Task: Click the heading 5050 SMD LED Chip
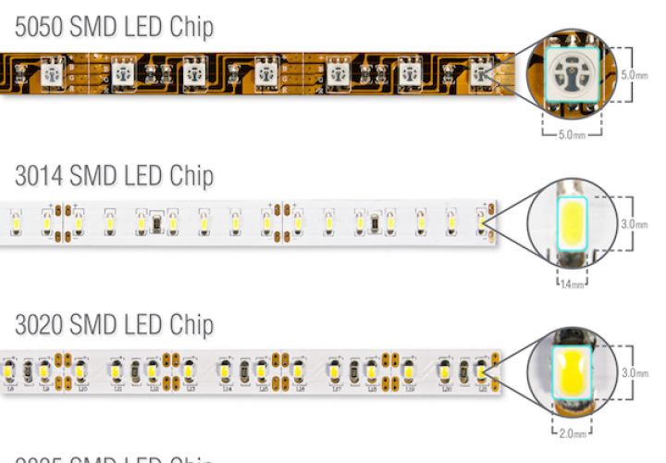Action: click(x=114, y=28)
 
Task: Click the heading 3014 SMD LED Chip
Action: click(x=114, y=176)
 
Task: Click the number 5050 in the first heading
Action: click(x=39, y=28)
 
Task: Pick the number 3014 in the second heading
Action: click(x=39, y=176)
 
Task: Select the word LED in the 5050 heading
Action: click(x=139, y=28)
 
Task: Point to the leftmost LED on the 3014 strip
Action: click(x=16, y=222)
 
